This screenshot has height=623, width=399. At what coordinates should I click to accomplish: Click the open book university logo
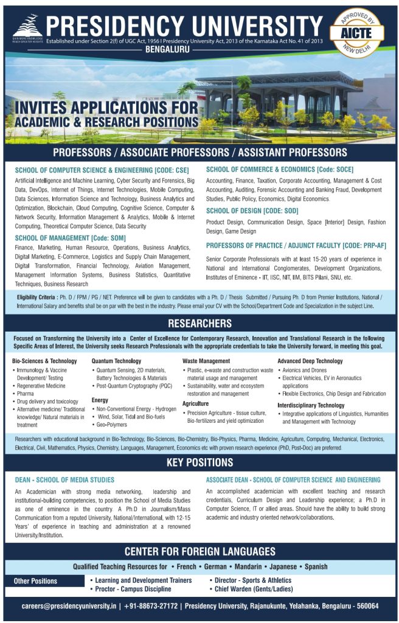tap(26, 26)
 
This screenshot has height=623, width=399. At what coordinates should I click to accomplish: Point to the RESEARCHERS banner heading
tap(199, 323)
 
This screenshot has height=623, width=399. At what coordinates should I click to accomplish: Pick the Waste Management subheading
tap(206, 361)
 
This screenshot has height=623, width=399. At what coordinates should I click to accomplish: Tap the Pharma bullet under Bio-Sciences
tap(26, 394)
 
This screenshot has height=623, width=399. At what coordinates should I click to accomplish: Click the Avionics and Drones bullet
tap(305, 369)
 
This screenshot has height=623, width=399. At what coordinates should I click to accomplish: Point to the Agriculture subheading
tap(196, 403)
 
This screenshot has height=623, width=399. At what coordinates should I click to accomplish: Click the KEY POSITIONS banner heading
tap(199, 463)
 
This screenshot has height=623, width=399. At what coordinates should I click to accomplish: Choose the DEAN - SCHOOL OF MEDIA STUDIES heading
tap(64, 480)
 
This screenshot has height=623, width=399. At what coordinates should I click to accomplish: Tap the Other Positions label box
tap(36, 581)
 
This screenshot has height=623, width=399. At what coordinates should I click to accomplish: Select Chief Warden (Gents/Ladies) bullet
tap(254, 589)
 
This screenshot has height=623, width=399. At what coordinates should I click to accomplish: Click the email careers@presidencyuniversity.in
tap(69, 606)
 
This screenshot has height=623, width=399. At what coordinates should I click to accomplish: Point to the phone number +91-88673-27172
tap(152, 606)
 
